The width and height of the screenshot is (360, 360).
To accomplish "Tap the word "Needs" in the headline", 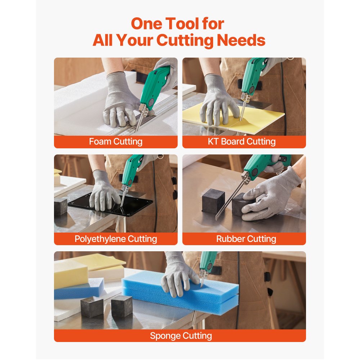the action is pyautogui.click(x=241, y=40).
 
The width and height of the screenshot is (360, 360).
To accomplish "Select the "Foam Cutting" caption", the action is pyautogui.click(x=116, y=141).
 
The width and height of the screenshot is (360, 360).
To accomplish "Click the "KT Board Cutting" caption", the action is pyautogui.click(x=242, y=141).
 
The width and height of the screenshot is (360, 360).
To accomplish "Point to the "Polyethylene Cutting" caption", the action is pyautogui.click(x=116, y=239).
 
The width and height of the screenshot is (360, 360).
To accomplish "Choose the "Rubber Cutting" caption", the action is pyautogui.click(x=246, y=239).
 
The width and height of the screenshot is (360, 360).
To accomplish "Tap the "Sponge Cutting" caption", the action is pyautogui.click(x=181, y=336).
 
